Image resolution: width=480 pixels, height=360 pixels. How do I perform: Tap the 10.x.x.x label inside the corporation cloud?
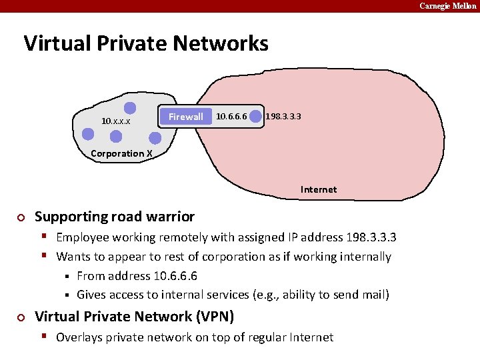115,121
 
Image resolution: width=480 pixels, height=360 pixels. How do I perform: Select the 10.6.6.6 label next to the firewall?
231,117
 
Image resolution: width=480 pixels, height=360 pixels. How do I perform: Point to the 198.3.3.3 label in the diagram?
283,116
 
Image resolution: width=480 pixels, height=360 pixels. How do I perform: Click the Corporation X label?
121,153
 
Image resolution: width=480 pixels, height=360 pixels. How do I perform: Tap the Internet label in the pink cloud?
319,189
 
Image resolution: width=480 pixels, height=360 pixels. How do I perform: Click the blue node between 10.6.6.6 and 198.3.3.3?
255,117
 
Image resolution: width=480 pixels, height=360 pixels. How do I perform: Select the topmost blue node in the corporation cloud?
130,107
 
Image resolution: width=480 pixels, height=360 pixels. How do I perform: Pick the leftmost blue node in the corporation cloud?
88,133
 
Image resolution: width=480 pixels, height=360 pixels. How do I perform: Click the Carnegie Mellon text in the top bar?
448,6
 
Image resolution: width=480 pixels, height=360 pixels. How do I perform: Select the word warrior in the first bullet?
171,217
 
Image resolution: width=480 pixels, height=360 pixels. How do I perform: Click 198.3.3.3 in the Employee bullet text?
371,237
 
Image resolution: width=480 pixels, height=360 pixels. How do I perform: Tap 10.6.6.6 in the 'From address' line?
175,276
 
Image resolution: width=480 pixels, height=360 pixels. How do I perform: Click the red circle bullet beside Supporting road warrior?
21,217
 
